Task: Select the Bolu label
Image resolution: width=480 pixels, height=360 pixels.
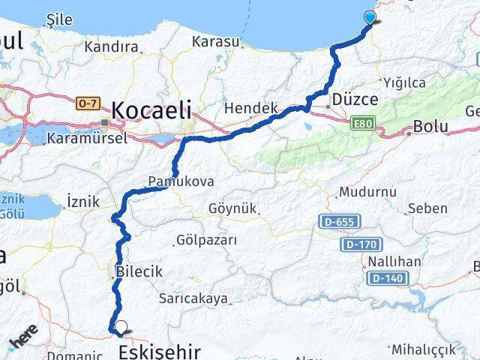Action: click(430, 127)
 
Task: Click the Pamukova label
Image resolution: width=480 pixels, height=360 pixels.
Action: click(181, 181)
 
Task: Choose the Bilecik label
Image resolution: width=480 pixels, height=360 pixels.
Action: click(139, 272)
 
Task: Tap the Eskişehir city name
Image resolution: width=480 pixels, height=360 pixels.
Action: click(161, 351)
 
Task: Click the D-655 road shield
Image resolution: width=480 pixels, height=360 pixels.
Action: click(340, 221)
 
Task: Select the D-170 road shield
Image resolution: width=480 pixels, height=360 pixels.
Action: click(362, 244)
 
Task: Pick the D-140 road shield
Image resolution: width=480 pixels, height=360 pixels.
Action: click(387, 278)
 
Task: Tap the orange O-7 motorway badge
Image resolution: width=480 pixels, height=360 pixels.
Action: click(87, 102)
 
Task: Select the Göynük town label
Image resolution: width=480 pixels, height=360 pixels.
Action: click(232, 208)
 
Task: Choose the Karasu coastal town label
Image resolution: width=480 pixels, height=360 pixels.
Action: click(215, 42)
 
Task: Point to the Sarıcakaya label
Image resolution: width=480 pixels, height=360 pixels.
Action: click(193, 298)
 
